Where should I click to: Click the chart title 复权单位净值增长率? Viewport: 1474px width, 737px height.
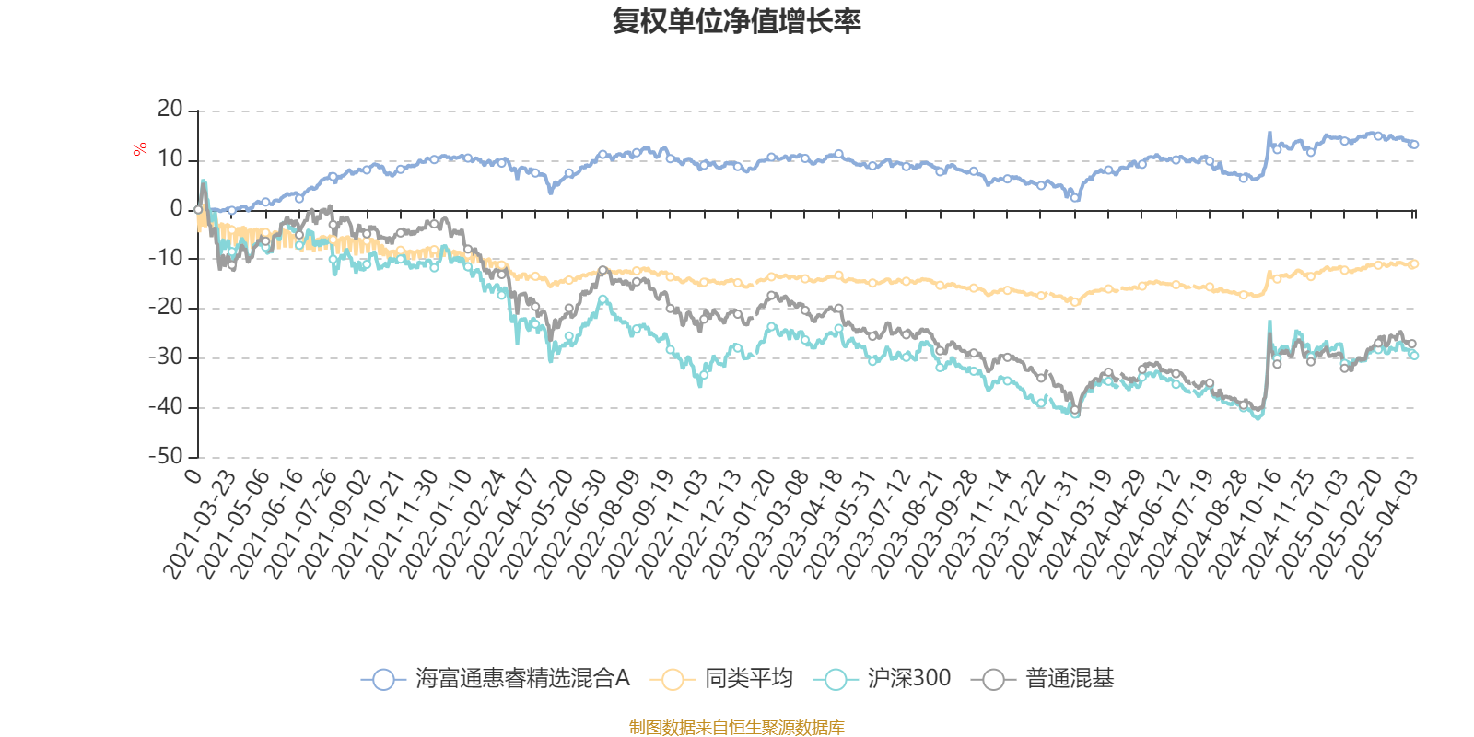(x=736, y=21)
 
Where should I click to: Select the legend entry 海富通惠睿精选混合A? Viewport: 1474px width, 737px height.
(x=496, y=678)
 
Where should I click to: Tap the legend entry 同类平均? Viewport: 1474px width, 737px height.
(x=721, y=678)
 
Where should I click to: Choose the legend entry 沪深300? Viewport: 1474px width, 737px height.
(x=882, y=678)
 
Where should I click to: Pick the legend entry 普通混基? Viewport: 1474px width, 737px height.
(x=1042, y=678)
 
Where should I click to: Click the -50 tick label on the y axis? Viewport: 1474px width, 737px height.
(x=166, y=456)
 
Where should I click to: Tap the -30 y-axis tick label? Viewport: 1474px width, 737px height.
(x=166, y=357)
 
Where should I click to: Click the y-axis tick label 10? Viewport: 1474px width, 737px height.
(x=170, y=159)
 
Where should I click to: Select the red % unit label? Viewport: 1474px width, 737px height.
(x=139, y=149)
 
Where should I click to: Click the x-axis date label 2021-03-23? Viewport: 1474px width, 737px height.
(x=199, y=525)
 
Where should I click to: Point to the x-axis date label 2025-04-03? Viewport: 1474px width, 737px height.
(x=1380, y=525)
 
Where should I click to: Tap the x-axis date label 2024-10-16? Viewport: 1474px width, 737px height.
(x=1245, y=525)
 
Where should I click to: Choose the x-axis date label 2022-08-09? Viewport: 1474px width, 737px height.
(x=603, y=525)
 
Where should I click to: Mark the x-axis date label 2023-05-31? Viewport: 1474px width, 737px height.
(x=840, y=525)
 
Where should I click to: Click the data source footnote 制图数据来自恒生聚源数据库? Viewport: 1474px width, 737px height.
(x=736, y=727)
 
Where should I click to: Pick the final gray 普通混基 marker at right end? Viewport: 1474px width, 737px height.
(x=1412, y=345)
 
